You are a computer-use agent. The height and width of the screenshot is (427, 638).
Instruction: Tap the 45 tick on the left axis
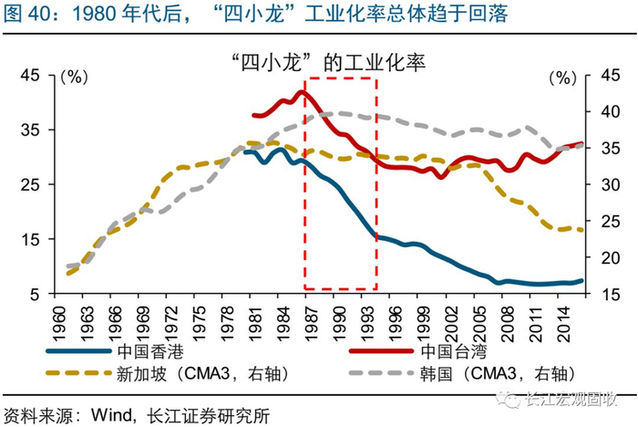44,77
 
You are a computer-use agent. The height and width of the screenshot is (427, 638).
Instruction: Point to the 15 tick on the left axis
44,239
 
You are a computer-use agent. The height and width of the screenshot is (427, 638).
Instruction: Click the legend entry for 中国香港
149,351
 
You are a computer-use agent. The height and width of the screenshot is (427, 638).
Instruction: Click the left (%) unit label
72,78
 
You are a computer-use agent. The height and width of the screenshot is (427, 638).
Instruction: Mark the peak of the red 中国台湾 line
303,92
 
